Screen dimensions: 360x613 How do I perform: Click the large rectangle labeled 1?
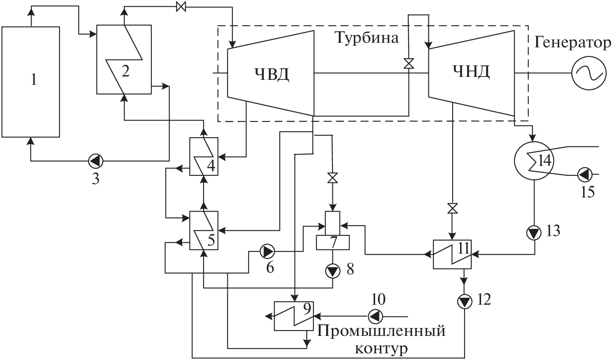[31, 81]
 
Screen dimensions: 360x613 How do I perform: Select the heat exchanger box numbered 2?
[124, 59]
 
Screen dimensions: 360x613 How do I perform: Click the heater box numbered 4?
[204, 156]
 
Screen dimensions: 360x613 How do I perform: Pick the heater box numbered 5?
[204, 230]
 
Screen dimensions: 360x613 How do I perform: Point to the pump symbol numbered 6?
[266, 251]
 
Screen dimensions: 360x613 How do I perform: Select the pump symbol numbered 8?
[332, 271]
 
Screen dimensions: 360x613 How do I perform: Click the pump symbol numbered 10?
[375, 316]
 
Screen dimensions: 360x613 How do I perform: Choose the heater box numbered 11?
[452, 254]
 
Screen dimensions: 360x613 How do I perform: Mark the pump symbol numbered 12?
[464, 301]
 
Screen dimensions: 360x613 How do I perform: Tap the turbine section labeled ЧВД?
[271, 73]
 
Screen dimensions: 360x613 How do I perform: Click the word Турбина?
[367, 38]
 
